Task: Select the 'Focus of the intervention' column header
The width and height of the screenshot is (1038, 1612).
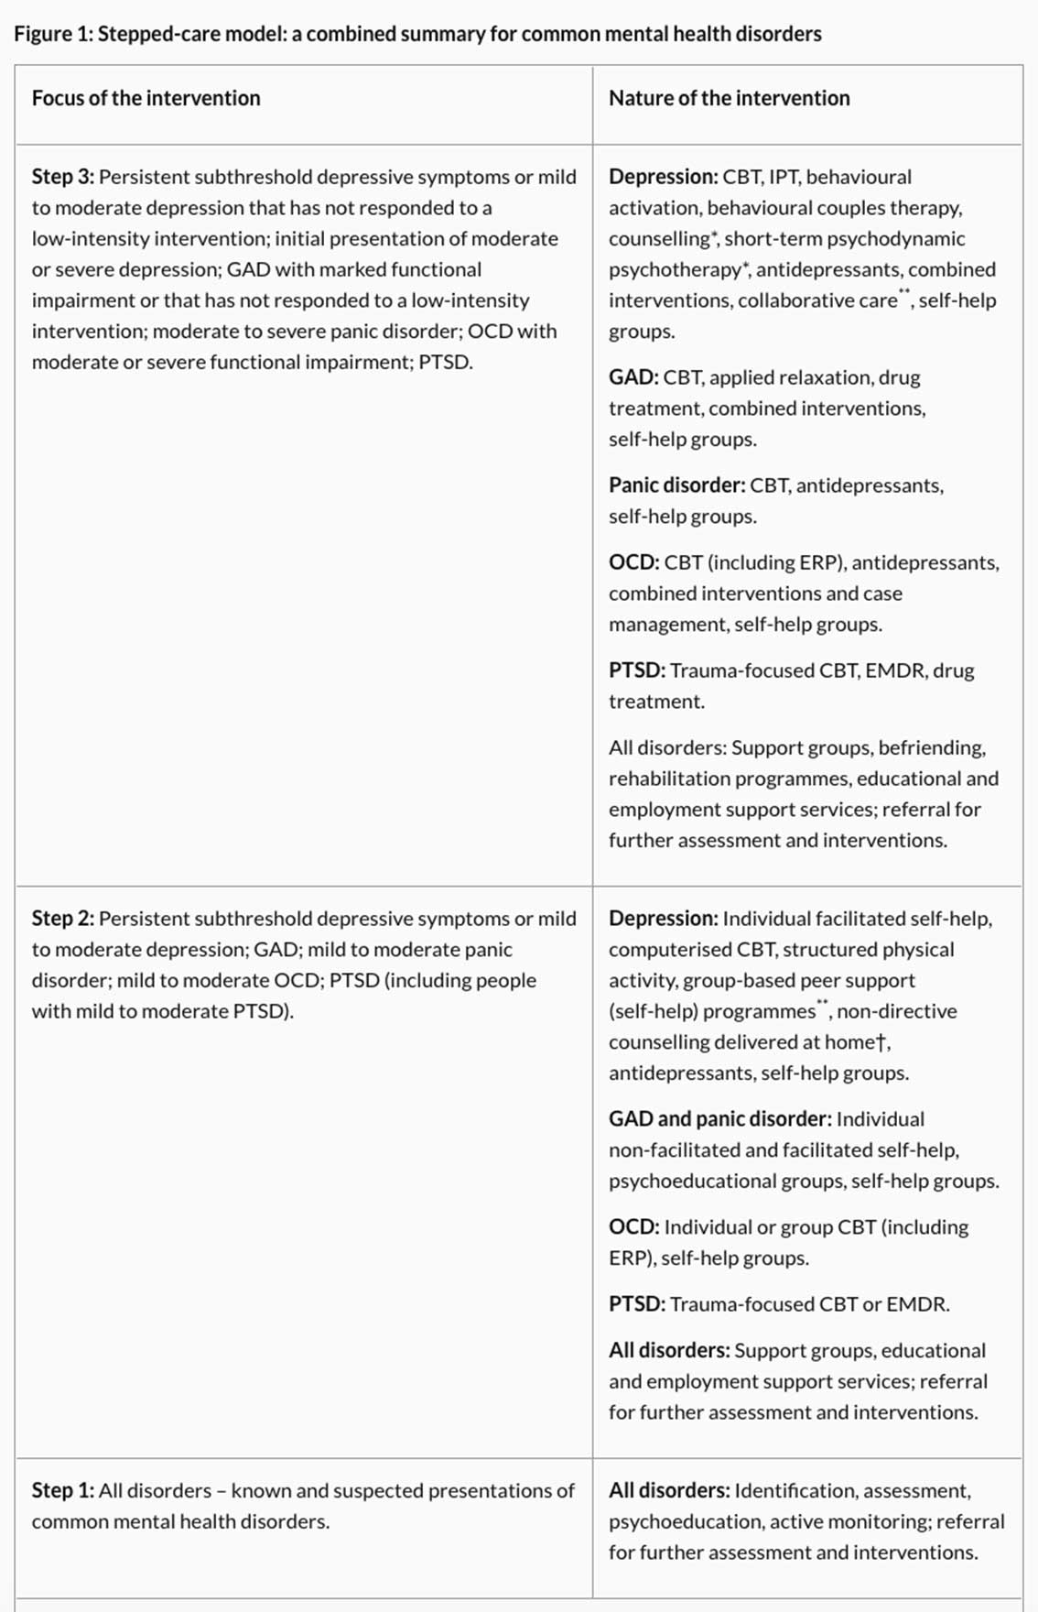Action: [146, 98]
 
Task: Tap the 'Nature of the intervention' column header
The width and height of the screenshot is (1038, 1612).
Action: [729, 98]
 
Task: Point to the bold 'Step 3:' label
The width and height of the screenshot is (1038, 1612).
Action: [62, 177]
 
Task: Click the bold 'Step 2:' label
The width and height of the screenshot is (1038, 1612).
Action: [62, 919]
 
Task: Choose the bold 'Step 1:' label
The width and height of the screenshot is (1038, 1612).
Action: [62, 1490]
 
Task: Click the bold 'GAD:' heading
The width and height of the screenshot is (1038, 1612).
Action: [633, 377]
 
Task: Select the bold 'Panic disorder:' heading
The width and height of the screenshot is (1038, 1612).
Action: [676, 485]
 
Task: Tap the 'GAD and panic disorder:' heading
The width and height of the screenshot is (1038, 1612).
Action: [719, 1119]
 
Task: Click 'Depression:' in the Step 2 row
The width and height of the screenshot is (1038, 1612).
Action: [663, 919]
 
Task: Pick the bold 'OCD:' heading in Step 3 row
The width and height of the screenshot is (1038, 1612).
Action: [633, 562]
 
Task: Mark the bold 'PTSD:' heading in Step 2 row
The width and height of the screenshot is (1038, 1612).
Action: [636, 1304]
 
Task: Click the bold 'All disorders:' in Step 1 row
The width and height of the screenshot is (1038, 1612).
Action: [668, 1490]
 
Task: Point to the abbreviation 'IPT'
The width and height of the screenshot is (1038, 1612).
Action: [784, 177]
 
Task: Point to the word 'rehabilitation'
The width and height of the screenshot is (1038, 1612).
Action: [676, 779]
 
